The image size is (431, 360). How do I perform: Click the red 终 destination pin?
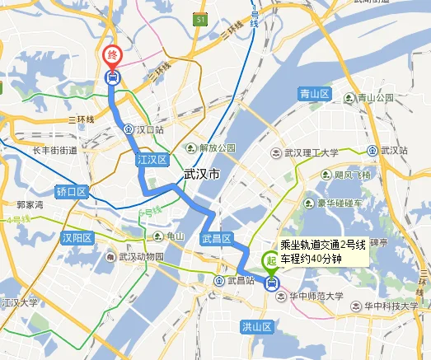point(112,57)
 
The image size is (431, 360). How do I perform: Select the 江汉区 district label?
point(152,160)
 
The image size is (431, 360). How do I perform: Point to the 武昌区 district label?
point(216,240)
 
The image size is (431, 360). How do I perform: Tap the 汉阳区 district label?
point(77,237)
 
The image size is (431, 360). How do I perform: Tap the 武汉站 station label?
point(395,151)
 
